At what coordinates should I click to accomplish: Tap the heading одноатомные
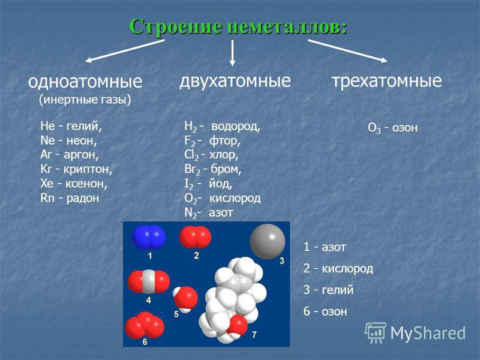(85, 82)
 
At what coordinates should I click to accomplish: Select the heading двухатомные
(235, 81)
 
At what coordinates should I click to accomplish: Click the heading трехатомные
(386, 81)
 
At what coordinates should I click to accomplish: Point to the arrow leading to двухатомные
(232, 53)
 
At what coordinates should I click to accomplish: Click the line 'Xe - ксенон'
(74, 184)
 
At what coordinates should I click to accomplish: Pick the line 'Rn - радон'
(70, 198)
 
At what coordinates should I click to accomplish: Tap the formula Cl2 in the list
(191, 155)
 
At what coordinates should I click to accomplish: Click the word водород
(236, 126)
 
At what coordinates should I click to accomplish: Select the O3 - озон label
(392, 128)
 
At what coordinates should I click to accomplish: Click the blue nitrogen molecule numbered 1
(149, 237)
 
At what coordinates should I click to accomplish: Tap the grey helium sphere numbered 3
(268, 242)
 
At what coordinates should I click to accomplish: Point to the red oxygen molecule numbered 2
(195, 237)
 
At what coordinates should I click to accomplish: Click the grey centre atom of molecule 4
(149, 281)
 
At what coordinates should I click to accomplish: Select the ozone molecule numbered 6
(145, 325)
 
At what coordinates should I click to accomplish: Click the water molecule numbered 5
(185, 299)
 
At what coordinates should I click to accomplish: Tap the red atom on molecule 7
(237, 325)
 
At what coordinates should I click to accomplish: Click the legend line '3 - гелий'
(328, 290)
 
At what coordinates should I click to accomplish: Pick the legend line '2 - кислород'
(338, 268)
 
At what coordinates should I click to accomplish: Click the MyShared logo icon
(376, 333)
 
